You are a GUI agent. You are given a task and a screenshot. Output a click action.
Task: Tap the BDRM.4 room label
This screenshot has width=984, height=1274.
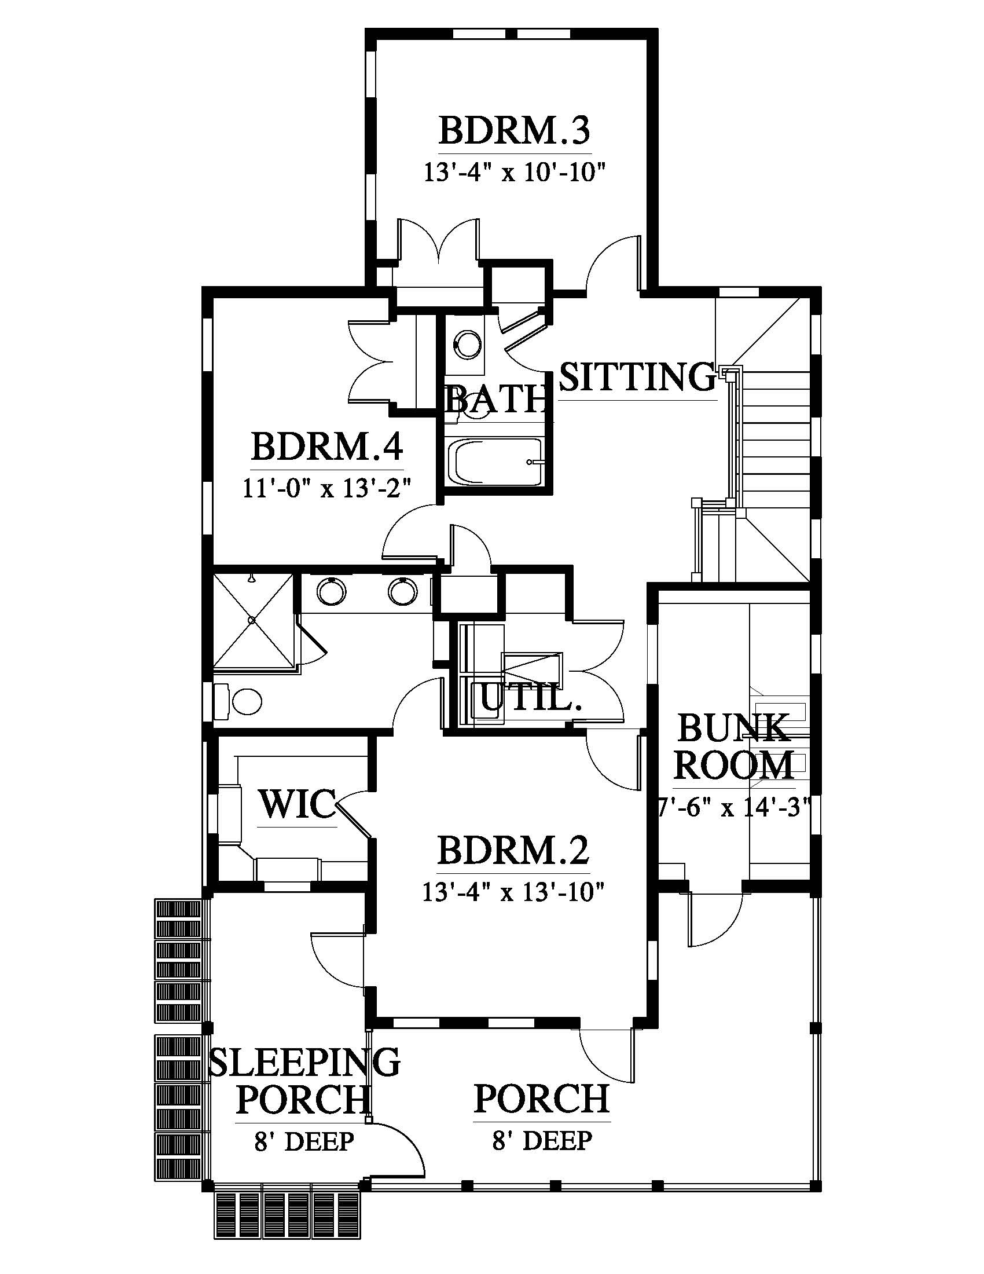327,447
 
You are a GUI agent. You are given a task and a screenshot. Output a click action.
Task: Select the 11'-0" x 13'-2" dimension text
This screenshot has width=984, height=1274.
327,488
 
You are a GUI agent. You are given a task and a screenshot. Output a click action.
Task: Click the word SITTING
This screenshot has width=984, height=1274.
637,377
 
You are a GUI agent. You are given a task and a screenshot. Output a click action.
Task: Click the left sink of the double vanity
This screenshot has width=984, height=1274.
332,592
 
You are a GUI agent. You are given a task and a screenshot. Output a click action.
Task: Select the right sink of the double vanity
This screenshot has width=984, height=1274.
403,592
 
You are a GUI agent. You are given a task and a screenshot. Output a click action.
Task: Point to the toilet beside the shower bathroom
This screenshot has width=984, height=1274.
238,701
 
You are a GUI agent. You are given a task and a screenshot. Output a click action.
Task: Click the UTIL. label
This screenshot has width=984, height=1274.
531,698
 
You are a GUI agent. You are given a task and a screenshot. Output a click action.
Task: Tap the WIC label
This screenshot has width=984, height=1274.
298,804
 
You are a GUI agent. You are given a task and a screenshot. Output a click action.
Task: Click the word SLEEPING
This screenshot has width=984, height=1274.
304,1061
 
